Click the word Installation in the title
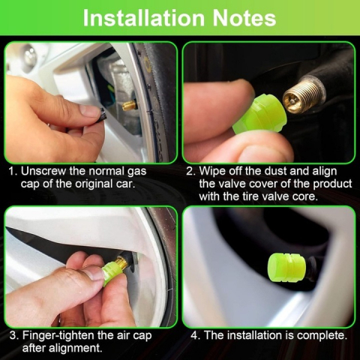144,18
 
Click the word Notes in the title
244,18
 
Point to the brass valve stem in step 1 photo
129,105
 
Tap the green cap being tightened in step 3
112,273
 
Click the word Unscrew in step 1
44,171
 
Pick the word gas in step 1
137,172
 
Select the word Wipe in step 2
212,172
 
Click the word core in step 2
305,196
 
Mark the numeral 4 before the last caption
194,335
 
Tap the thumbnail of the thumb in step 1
89,110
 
